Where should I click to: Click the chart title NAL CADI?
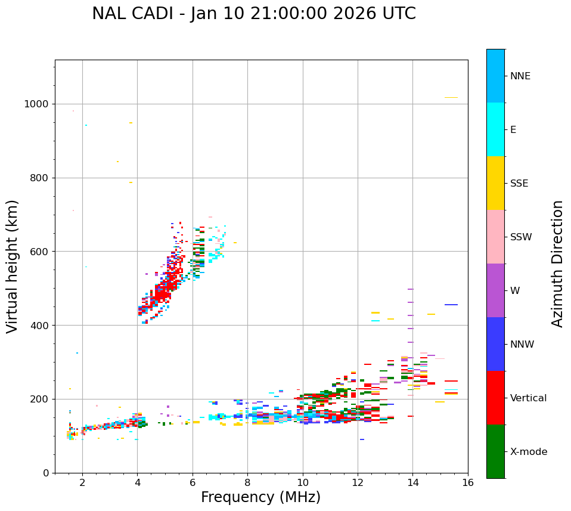(253, 14)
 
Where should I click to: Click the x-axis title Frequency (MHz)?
(260, 497)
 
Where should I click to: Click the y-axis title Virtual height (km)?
(13, 266)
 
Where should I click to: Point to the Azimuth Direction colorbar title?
(557, 264)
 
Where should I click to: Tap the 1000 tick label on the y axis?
(36, 104)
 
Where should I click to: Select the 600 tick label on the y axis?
(39, 252)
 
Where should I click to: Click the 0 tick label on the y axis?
(45, 473)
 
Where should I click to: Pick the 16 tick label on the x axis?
(468, 482)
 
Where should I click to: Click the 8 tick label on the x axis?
(247, 482)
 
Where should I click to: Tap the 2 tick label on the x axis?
(82, 482)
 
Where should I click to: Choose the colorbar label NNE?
(520, 76)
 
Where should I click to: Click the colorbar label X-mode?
(529, 452)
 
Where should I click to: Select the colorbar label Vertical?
(528, 398)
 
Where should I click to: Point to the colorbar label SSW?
(522, 237)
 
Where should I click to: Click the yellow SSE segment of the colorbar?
(495, 183)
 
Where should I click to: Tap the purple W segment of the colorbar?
(495, 290)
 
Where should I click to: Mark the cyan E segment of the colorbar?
(495, 129)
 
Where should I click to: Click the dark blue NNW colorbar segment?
(495, 344)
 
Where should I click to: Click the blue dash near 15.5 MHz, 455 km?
(451, 305)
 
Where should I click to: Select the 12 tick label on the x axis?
(358, 482)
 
